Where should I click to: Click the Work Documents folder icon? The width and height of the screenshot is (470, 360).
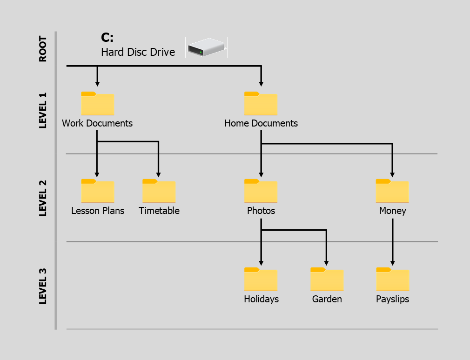click(97, 104)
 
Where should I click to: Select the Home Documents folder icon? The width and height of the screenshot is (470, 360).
click(261, 104)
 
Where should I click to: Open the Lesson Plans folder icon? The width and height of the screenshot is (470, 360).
click(97, 191)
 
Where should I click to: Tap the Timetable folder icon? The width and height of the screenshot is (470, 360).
click(159, 191)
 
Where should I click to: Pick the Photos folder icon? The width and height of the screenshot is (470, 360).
click(261, 191)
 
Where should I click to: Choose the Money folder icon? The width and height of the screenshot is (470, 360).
click(392, 191)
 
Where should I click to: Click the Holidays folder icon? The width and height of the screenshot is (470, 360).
click(261, 280)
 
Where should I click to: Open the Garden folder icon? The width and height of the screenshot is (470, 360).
click(327, 280)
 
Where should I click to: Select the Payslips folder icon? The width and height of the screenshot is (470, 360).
click(392, 280)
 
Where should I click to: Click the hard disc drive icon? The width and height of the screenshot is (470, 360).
click(206, 47)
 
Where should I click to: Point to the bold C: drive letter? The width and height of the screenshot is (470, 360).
click(107, 38)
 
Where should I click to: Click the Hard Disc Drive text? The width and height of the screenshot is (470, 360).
click(138, 52)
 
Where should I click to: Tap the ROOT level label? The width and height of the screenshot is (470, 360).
click(43, 49)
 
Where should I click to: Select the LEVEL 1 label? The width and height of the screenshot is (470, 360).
click(43, 110)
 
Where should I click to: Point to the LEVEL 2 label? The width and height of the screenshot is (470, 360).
click(43, 198)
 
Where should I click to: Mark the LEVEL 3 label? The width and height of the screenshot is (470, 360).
click(43, 286)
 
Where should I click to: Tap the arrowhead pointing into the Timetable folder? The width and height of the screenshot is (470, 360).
click(159, 175)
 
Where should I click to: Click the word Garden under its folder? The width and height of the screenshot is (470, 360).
click(327, 299)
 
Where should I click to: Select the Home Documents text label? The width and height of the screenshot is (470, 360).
click(261, 123)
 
